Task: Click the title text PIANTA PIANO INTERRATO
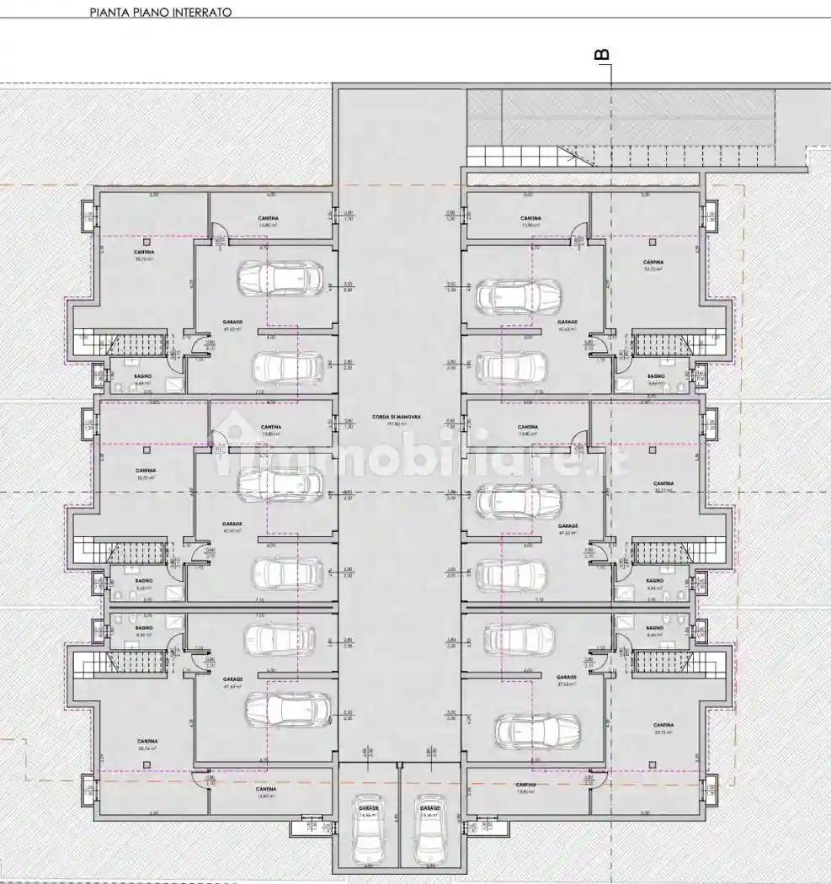(x=160, y=13)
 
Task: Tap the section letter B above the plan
(x=603, y=55)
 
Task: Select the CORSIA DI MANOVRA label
(x=400, y=418)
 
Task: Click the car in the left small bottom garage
(x=368, y=834)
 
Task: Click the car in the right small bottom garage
(x=430, y=834)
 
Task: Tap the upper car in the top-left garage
(x=281, y=279)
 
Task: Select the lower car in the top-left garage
(x=288, y=367)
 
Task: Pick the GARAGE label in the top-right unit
(x=567, y=322)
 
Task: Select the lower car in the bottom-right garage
(x=536, y=731)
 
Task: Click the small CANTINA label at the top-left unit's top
(x=269, y=219)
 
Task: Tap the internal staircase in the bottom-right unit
(x=662, y=661)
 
